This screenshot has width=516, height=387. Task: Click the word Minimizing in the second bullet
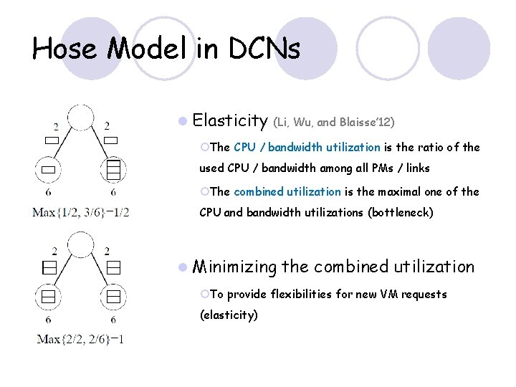(234, 267)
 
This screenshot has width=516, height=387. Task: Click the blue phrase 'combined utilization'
(287, 191)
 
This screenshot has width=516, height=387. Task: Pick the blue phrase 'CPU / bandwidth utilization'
(307, 147)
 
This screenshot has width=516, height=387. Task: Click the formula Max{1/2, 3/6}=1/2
(80, 212)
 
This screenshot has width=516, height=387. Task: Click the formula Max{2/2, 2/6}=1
(80, 338)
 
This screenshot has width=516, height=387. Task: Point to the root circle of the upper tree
(82, 120)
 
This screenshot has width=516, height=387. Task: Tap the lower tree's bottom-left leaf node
(48, 295)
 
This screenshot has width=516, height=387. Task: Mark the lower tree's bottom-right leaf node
(114, 295)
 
